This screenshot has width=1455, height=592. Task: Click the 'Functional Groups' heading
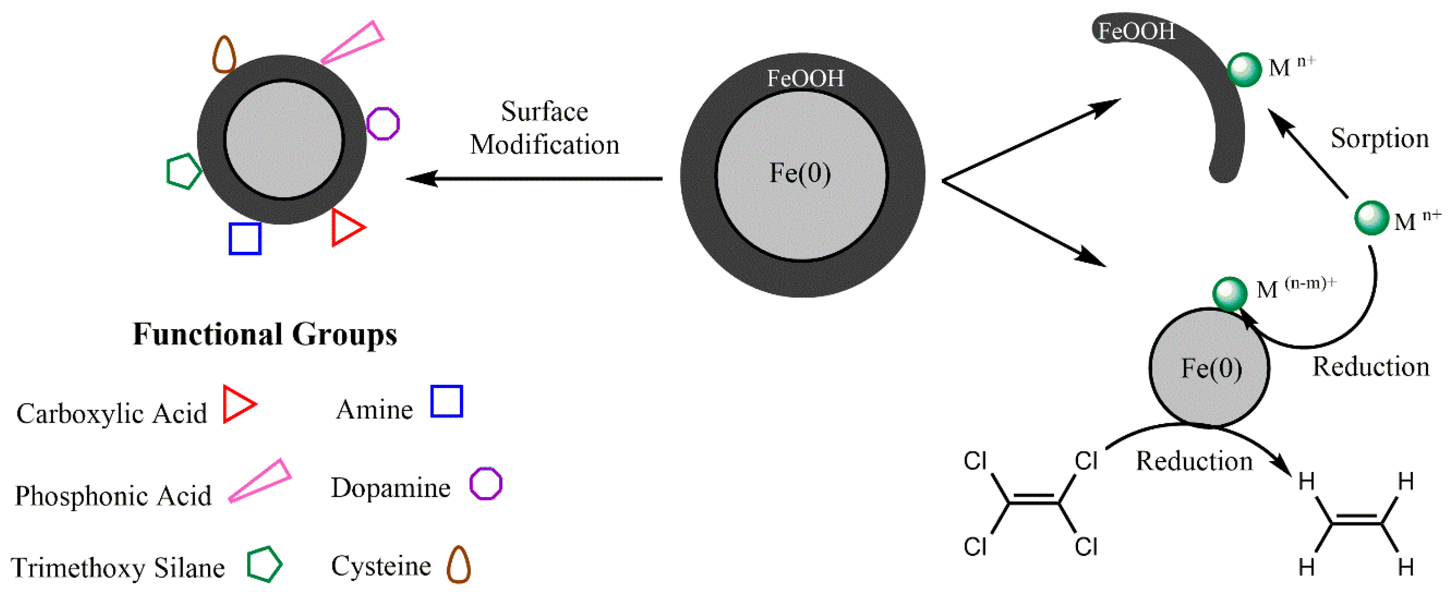(265, 334)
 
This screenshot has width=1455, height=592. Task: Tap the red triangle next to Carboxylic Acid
(237, 404)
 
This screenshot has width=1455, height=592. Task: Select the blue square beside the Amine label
(446, 401)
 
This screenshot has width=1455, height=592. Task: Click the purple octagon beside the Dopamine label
(486, 484)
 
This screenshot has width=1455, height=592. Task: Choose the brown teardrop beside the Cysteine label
(458, 565)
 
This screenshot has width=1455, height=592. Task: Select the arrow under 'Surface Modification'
(534, 178)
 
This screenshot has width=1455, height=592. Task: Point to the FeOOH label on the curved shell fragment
(1136, 31)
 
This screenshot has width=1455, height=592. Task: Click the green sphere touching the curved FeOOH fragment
(1244, 69)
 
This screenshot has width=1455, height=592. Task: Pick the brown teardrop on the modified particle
(224, 55)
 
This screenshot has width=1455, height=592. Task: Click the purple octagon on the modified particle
(383, 123)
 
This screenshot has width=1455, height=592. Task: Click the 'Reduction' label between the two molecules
(1193, 461)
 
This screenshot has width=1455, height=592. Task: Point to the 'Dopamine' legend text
(390, 488)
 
